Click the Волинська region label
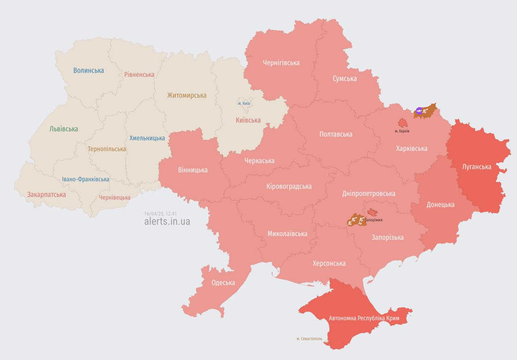click(88, 70)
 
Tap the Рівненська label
click(139, 74)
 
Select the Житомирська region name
click(187, 95)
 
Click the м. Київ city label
click(244, 103)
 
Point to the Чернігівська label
click(281, 63)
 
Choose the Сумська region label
click(345, 78)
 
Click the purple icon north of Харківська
click(419, 111)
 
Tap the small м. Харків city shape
click(403, 122)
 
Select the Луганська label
click(477, 166)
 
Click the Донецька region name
click(440, 204)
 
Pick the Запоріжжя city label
click(374, 220)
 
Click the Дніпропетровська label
click(369, 193)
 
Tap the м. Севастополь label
click(309, 339)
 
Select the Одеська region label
click(223, 282)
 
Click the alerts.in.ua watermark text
click(167, 221)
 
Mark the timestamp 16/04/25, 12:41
click(160, 213)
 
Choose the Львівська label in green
click(64, 129)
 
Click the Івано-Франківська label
click(86, 179)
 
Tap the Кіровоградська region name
click(289, 186)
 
